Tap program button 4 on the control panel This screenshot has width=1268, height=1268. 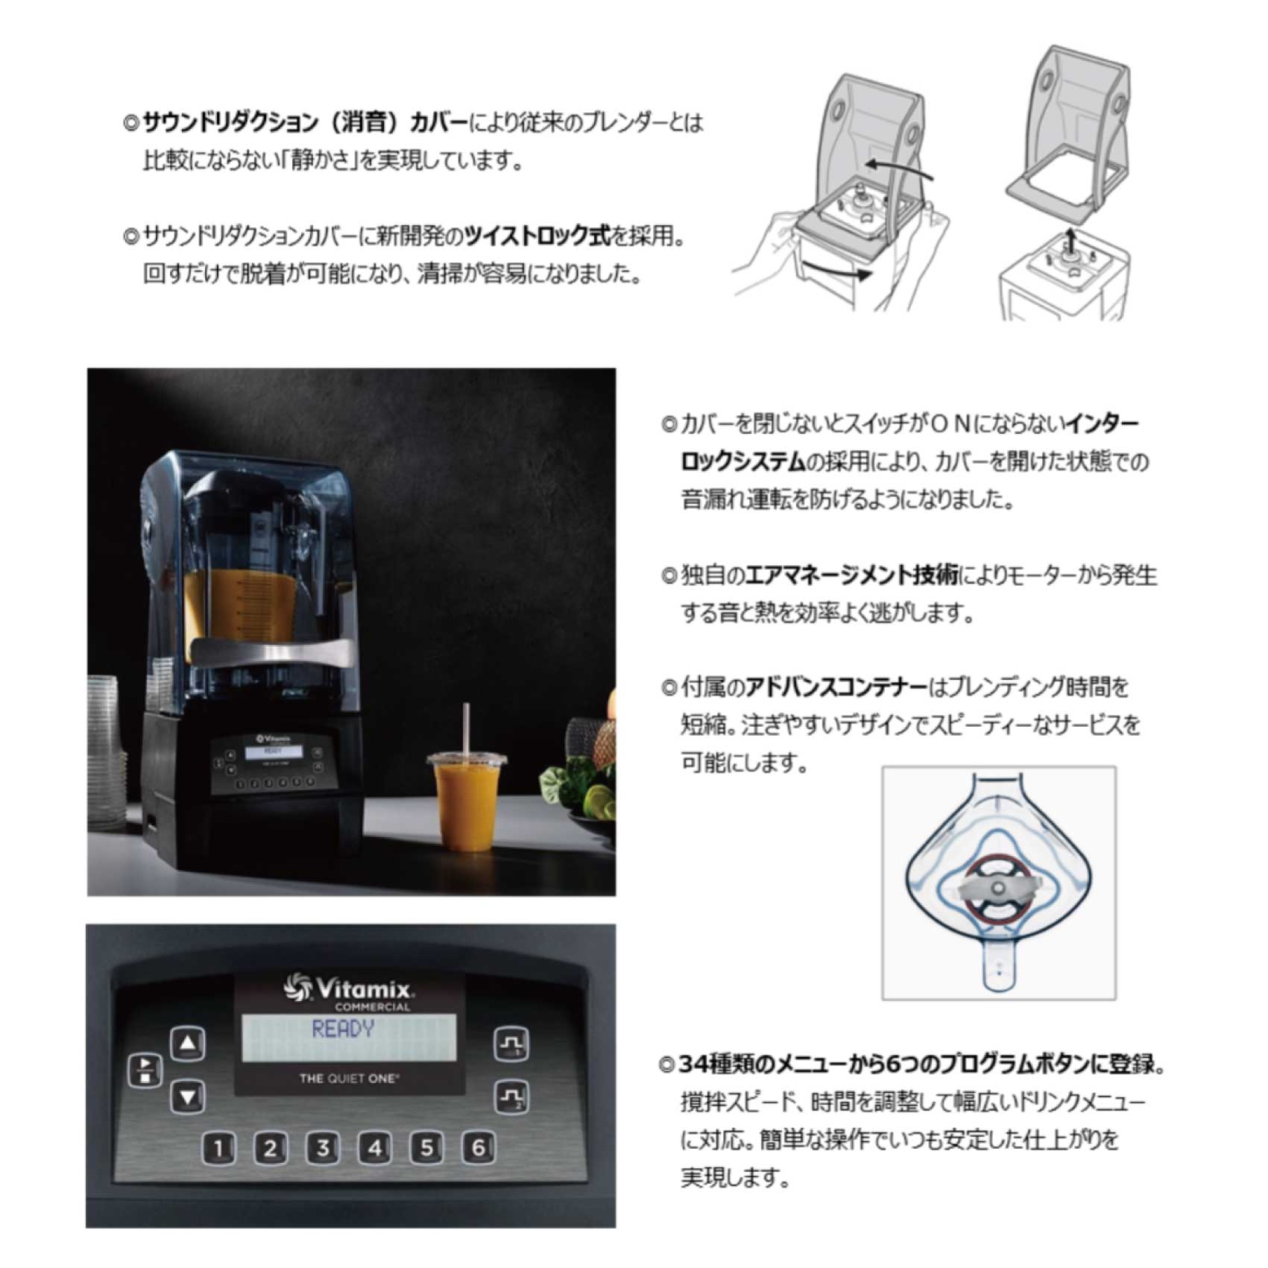pyautogui.click(x=374, y=1147)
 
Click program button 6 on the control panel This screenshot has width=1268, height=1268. pyautogui.click(x=479, y=1147)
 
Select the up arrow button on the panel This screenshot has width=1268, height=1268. pyautogui.click(x=189, y=1044)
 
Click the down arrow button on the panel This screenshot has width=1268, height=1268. pyautogui.click(x=189, y=1097)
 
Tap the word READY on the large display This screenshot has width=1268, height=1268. pyautogui.click(x=343, y=1029)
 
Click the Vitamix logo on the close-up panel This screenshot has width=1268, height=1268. pyautogui.click(x=348, y=990)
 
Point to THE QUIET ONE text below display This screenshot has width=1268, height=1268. pyautogui.click(x=349, y=1078)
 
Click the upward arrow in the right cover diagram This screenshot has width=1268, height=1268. pyautogui.click(x=1070, y=242)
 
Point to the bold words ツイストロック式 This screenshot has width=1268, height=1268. pyautogui.click(x=536, y=236)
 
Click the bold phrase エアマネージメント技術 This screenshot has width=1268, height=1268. pyautogui.click(x=852, y=575)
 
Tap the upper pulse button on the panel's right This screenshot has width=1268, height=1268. pyautogui.click(x=511, y=1044)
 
